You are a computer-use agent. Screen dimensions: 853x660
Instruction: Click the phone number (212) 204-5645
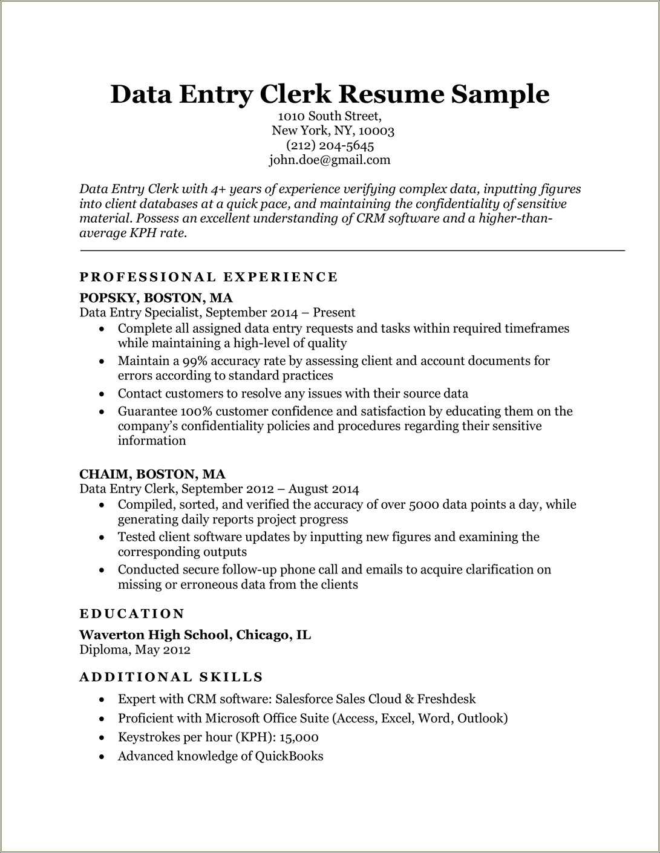point(330,146)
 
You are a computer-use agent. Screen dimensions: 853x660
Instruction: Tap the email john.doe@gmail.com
point(330,160)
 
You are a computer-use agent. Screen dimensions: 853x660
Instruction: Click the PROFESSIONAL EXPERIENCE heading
point(209,277)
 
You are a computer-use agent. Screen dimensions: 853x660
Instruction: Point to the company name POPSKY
point(108,298)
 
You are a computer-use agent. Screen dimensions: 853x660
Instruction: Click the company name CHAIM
point(103,474)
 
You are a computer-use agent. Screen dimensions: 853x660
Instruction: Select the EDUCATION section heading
point(132,614)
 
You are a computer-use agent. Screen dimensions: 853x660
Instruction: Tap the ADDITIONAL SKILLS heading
point(171,678)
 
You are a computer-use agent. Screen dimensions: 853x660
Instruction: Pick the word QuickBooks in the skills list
point(289,756)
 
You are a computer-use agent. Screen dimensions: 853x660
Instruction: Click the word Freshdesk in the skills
point(446,699)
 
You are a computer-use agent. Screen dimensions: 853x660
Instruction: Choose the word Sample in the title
point(500,94)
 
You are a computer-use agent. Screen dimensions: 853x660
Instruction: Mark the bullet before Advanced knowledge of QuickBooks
point(103,757)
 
